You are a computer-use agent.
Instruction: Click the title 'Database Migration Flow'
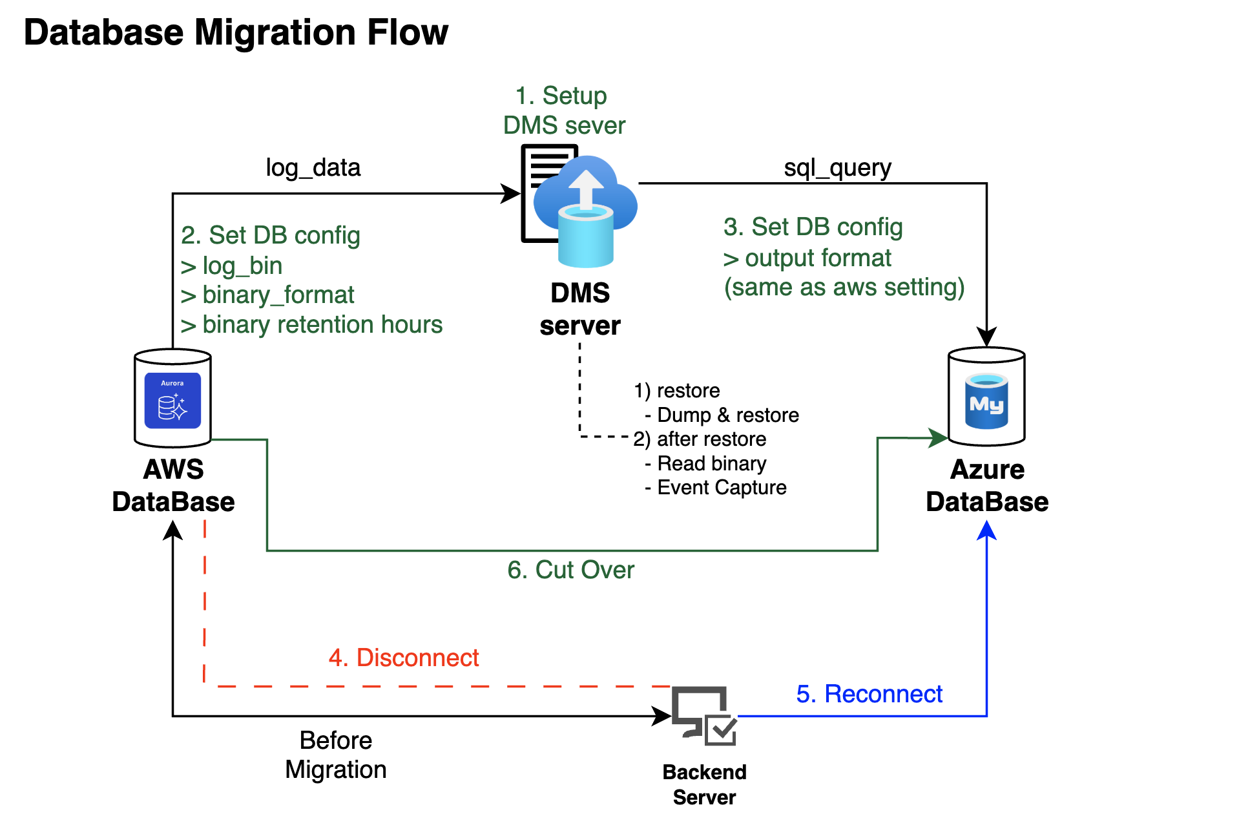click(x=236, y=32)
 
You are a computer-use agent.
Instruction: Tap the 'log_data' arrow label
click(x=313, y=168)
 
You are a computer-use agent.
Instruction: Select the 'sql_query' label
click(x=837, y=168)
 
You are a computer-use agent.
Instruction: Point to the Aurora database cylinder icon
click(x=172, y=398)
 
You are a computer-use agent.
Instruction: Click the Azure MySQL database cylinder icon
click(x=986, y=397)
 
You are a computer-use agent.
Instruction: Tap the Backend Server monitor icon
click(x=703, y=715)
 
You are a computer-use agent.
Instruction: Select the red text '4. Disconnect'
click(x=404, y=658)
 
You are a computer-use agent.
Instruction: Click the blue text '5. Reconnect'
click(x=869, y=694)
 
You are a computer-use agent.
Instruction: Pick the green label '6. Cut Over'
click(x=570, y=570)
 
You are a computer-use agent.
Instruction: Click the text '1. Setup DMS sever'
click(x=564, y=110)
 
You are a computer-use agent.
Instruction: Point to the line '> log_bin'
click(x=232, y=266)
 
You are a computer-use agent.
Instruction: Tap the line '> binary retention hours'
click(x=312, y=324)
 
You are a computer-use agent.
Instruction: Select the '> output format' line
click(x=807, y=258)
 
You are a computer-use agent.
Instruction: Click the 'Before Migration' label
click(x=336, y=755)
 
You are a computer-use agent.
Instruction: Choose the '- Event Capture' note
click(x=716, y=488)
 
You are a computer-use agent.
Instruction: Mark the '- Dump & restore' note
click(x=722, y=415)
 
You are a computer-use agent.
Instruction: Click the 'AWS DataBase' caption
click(x=173, y=486)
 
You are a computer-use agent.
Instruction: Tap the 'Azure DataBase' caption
click(x=986, y=486)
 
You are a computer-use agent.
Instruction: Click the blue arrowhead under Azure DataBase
click(x=986, y=530)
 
